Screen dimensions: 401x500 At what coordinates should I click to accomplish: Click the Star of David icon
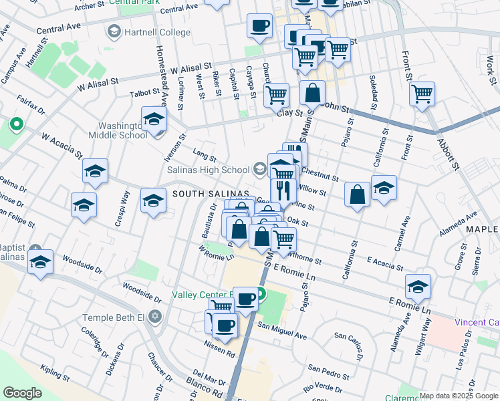[x=155, y=316]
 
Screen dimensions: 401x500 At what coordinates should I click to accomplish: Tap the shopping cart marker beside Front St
[x=422, y=94]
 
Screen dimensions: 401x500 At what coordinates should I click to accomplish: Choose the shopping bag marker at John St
[x=312, y=93]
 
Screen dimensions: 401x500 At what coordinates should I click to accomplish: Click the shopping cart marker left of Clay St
[x=276, y=95]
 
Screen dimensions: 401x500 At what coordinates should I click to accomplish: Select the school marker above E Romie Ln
[x=418, y=286]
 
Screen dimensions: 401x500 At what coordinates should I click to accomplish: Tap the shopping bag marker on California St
[x=358, y=195]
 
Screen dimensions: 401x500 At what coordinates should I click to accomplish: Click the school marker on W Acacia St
[x=96, y=171]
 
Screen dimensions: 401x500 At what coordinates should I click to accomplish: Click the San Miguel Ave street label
[x=282, y=327]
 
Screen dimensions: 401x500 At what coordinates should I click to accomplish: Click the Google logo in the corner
[x=22, y=393]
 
